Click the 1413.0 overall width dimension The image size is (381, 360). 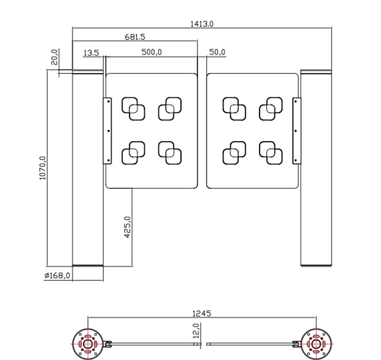coord(202,23)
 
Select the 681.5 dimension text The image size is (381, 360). coord(135,36)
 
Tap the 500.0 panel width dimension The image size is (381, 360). coord(151,52)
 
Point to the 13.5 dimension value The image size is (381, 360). coord(90,53)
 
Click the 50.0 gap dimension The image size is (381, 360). coord(217,52)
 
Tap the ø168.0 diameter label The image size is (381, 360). coord(57,275)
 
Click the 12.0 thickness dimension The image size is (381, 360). coord(196,329)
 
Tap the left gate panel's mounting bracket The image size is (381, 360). coord(108,131)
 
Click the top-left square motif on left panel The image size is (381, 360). coord(134,109)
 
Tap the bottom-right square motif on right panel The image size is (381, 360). coord(271,153)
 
